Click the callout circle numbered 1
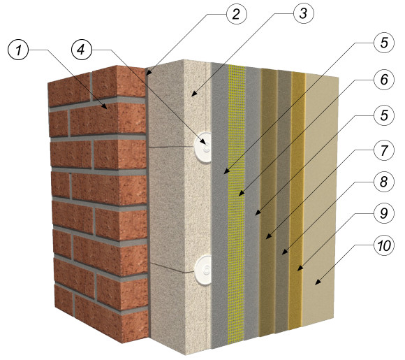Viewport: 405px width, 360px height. (x=18, y=50)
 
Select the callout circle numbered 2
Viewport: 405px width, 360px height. (x=237, y=14)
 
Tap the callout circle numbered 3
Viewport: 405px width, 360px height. (x=304, y=13)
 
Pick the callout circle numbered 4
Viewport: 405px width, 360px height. (x=82, y=50)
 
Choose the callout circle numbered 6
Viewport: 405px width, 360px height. (x=384, y=80)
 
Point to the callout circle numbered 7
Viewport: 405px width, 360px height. (x=384, y=150)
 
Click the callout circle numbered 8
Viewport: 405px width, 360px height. (x=384, y=182)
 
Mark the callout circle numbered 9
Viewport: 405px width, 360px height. (x=384, y=213)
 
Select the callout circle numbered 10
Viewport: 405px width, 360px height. (x=384, y=245)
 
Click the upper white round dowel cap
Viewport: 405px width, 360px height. (x=203, y=147)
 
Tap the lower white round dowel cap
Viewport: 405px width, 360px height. (x=204, y=270)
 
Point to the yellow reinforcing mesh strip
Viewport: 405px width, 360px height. (x=236, y=204)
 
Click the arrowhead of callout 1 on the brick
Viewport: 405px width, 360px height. (x=105, y=106)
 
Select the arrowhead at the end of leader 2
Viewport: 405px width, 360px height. (x=149, y=73)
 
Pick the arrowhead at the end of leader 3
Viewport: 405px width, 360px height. (x=193, y=94)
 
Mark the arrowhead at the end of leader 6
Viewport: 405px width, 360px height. (x=241, y=193)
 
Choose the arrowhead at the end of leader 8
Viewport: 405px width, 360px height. (x=285, y=252)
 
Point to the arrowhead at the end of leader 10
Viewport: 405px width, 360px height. (x=318, y=282)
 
